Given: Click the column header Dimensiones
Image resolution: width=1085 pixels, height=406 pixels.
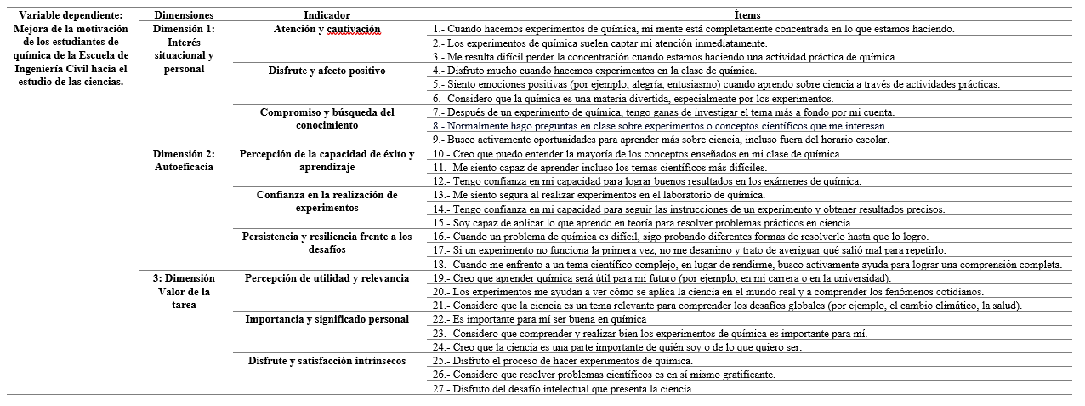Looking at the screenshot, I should click(x=184, y=15).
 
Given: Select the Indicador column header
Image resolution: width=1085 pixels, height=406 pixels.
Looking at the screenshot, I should click(x=327, y=15).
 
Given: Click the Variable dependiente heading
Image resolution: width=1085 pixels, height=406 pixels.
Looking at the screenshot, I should click(x=70, y=15).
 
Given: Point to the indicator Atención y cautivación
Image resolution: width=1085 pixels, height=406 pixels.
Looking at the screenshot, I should click(x=327, y=29).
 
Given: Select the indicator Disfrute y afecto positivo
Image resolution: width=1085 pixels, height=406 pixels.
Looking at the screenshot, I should click(x=327, y=70).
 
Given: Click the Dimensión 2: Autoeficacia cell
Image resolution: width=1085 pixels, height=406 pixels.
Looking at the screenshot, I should click(x=184, y=160).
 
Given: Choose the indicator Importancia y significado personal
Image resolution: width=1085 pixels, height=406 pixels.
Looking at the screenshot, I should click(x=327, y=319).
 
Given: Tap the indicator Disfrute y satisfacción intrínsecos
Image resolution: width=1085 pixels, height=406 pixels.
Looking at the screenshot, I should click(x=327, y=361).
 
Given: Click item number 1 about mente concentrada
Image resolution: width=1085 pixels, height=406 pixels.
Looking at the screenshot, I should click(x=693, y=29).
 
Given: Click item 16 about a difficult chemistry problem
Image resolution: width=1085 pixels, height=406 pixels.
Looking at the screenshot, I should click(x=680, y=237).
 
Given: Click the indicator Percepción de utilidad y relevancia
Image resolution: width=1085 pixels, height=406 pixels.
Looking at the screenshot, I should click(x=327, y=278).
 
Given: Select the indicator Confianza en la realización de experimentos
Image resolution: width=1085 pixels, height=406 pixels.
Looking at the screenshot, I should click(x=327, y=202).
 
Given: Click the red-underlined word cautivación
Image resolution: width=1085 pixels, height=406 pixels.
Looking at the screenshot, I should click(x=353, y=30).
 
